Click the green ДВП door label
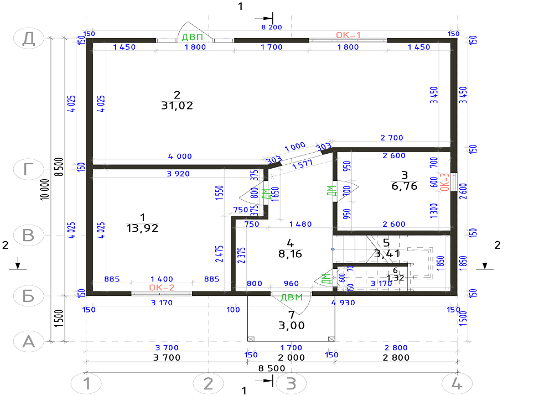tap(193, 37)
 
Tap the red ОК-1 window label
tap(348, 35)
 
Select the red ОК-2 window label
tap(162, 288)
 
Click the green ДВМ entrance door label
tap(292, 298)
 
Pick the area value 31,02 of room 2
tap(177, 106)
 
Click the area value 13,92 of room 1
tap(142, 228)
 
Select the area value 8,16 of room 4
tap(290, 254)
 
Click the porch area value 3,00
tap(292, 326)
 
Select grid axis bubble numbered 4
tap(457, 383)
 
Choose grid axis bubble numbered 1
tap(86, 383)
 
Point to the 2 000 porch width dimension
tap(291, 358)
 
